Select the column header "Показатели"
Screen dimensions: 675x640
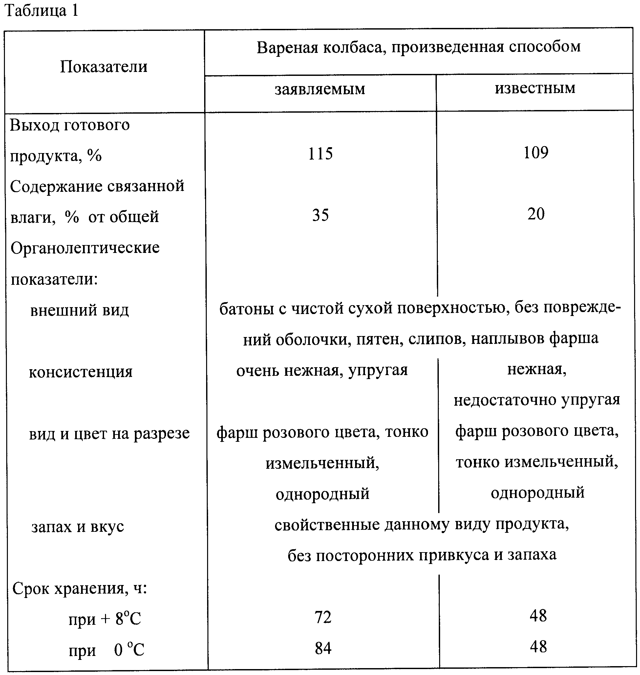coord(104,67)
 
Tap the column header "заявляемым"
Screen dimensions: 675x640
coord(320,89)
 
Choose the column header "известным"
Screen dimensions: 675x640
coord(535,88)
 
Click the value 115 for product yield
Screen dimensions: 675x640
coord(320,154)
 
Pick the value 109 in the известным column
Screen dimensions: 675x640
coord(536,153)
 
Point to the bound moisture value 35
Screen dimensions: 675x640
coord(320,215)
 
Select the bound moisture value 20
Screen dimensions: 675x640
coord(536,214)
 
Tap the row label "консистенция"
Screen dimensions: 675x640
coord(80,372)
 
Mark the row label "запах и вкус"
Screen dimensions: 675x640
coord(78,527)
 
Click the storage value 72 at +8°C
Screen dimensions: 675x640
coord(323,617)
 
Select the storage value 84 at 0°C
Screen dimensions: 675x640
coord(323,648)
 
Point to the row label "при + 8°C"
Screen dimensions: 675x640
coord(105,619)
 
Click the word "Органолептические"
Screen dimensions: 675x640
coord(85,248)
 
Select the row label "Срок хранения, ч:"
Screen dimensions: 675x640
coord(79,588)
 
